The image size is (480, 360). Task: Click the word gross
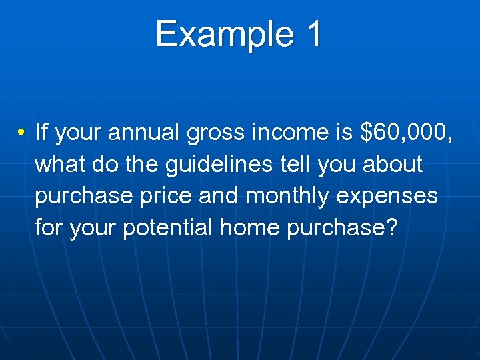pyautogui.click(x=215, y=133)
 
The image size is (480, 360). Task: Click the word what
pyautogui.click(x=58, y=164)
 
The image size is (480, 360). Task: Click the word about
pyautogui.click(x=393, y=164)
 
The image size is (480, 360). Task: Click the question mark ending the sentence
pyautogui.click(x=392, y=229)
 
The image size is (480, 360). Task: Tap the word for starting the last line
pyautogui.click(x=47, y=229)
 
